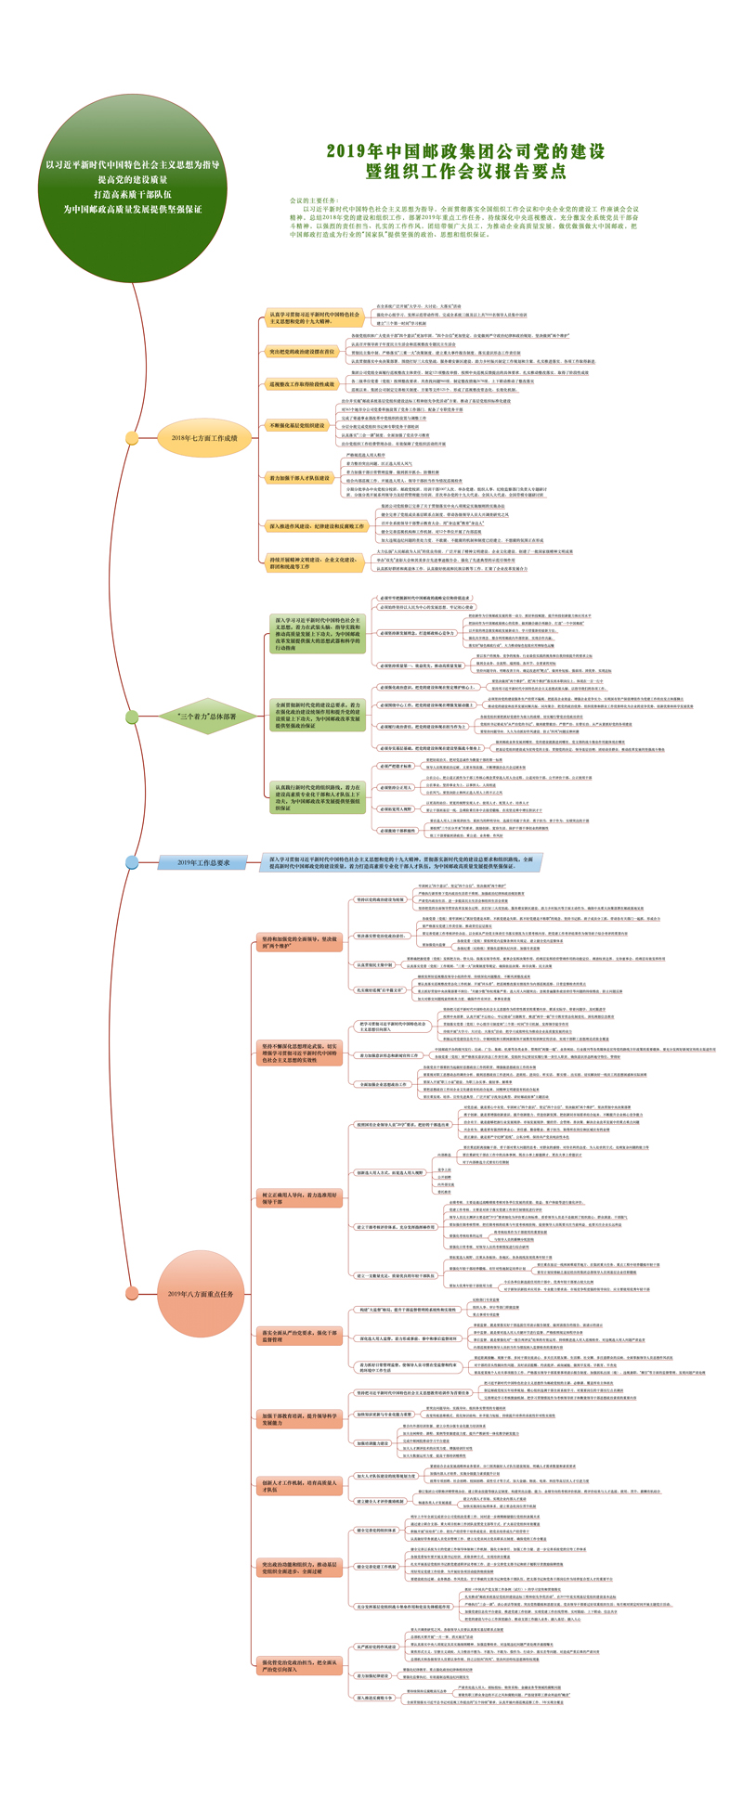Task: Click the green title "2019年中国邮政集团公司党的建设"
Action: click(x=465, y=151)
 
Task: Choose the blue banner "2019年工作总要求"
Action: click(x=203, y=862)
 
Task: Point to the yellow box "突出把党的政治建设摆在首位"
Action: click(x=302, y=352)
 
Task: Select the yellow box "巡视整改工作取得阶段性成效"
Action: click(x=302, y=383)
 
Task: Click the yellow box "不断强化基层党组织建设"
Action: click(x=297, y=425)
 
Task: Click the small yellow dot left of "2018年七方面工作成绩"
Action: click(x=133, y=438)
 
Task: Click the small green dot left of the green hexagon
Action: click(x=133, y=717)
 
